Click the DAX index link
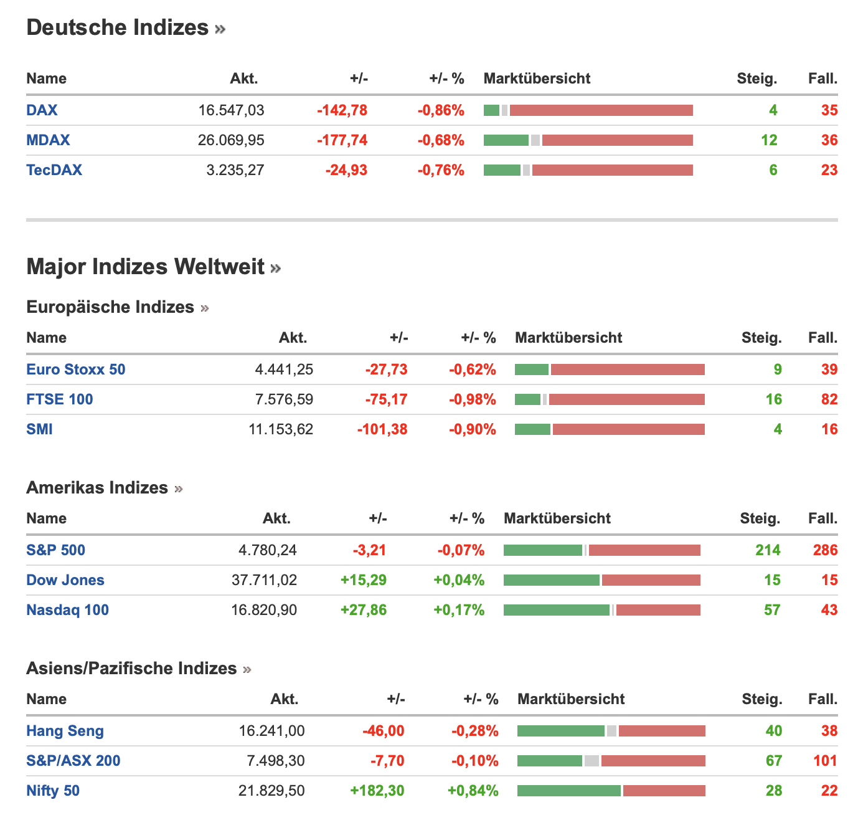click(42, 110)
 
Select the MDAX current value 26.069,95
click(231, 140)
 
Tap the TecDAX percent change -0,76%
click(441, 170)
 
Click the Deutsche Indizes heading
click(118, 27)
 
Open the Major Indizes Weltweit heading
click(146, 267)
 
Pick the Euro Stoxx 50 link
click(76, 369)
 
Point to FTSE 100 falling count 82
click(829, 399)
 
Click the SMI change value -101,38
click(382, 429)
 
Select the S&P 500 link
click(56, 550)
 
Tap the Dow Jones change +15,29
click(364, 580)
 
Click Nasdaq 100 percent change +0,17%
click(459, 610)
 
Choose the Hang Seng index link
click(65, 731)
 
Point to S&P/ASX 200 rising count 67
click(774, 761)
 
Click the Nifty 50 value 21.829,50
click(271, 791)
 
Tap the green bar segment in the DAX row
click(491, 110)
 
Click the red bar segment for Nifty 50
click(664, 791)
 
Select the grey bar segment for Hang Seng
click(611, 731)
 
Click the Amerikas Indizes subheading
click(97, 487)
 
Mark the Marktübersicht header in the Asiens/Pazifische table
click(571, 699)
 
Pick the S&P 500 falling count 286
click(826, 550)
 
